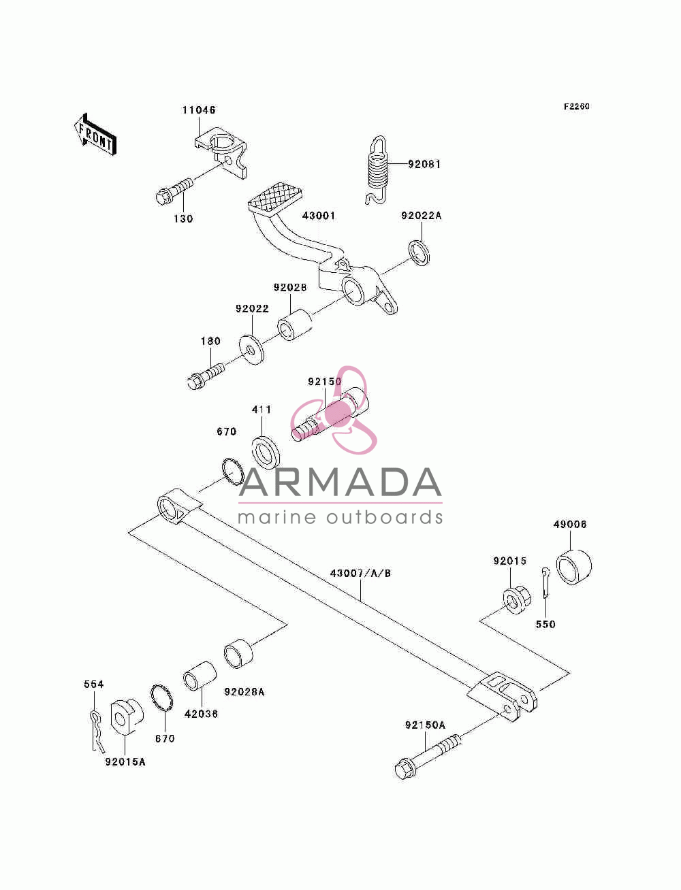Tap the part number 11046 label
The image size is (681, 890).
(198, 110)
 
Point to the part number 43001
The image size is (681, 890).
(319, 215)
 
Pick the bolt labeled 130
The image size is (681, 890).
(174, 191)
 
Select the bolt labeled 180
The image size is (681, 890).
(206, 376)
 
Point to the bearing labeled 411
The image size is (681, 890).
(266, 452)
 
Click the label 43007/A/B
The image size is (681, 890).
(360, 574)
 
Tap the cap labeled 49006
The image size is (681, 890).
(574, 567)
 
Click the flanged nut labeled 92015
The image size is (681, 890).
(516, 601)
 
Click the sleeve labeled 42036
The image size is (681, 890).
(200, 676)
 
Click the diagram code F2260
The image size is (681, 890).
(576, 106)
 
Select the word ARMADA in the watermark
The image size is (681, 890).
(340, 482)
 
